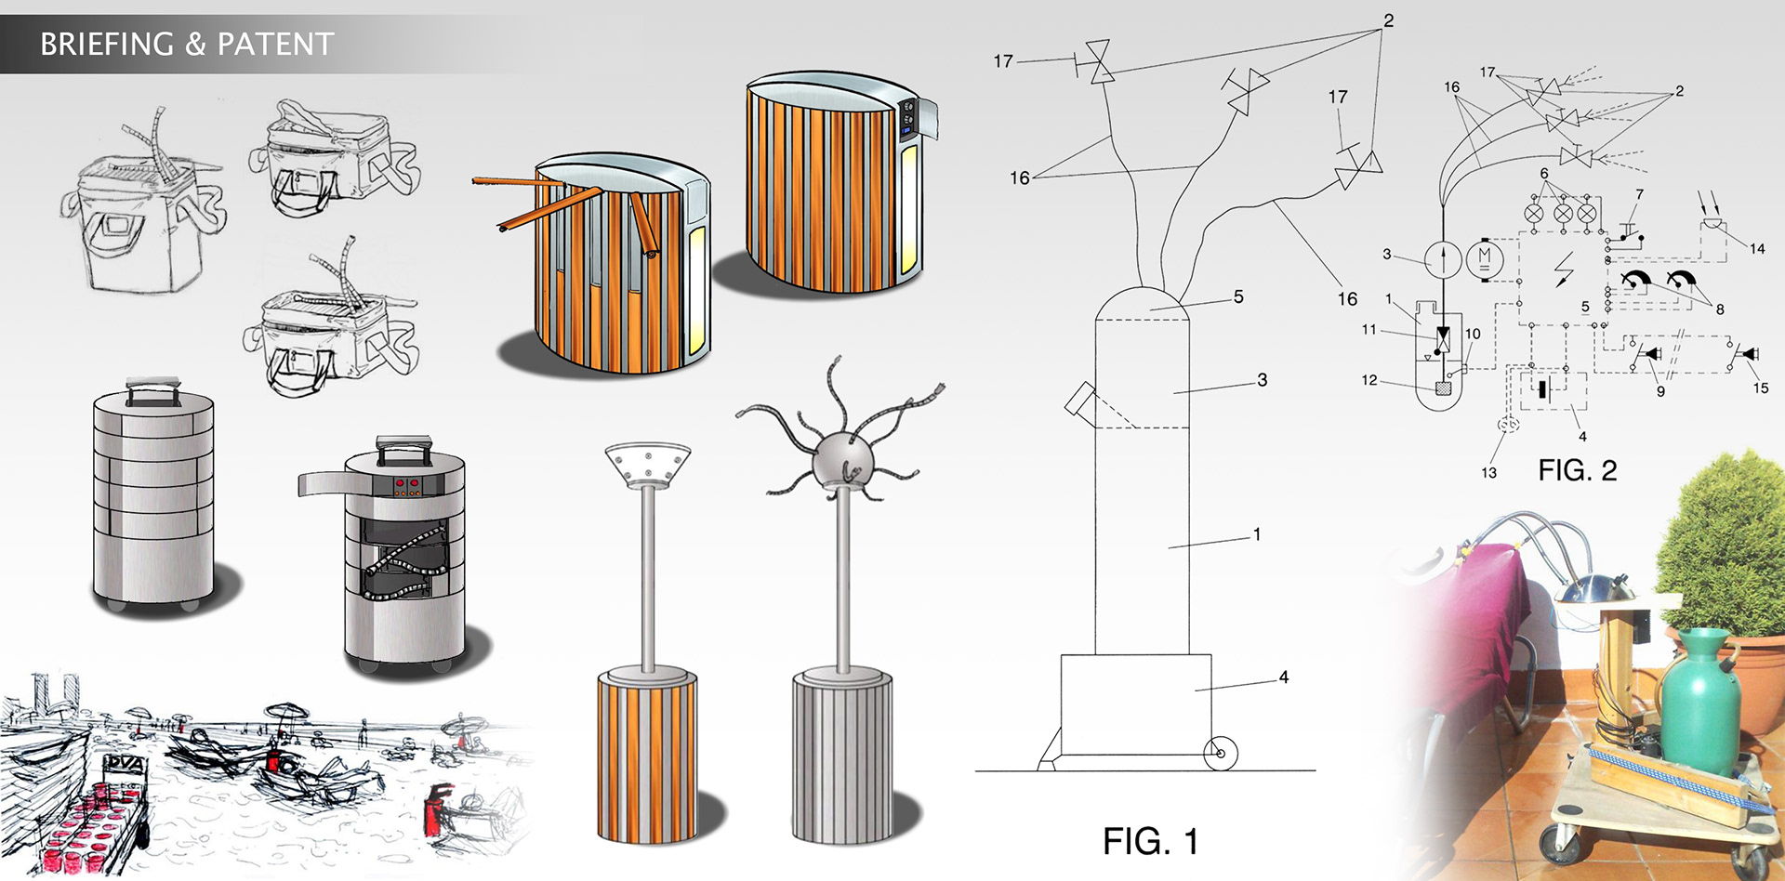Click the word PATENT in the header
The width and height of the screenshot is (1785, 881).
275,44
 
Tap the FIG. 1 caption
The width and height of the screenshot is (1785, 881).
1150,841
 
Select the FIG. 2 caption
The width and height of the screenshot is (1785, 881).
1577,470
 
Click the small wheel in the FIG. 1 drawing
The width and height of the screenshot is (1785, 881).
1221,754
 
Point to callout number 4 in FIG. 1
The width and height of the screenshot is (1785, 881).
1284,677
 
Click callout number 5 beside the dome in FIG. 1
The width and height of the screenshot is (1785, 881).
1238,296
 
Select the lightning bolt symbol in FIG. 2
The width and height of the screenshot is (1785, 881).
1565,269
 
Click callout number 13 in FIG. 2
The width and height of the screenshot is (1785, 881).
1489,472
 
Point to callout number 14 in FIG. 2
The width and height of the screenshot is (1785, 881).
1757,248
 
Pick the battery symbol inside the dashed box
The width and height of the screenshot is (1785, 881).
1544,389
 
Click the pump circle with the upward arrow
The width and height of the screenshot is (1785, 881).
1443,259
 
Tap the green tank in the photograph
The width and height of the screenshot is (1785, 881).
1701,702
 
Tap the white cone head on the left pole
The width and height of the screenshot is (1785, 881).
647,466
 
